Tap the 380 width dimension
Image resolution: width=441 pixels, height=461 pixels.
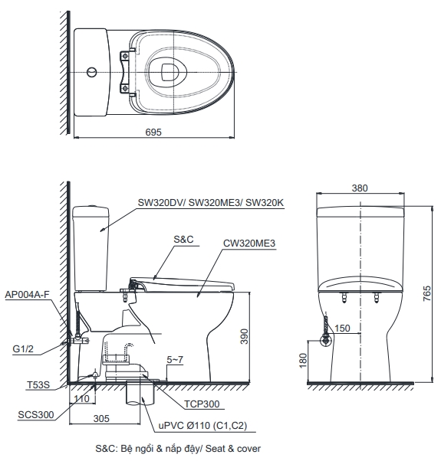[x=360, y=188]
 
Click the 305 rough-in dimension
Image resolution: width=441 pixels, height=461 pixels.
[x=101, y=419]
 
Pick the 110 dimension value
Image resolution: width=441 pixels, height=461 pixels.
[x=81, y=399]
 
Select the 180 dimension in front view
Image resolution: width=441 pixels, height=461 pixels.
[x=303, y=358]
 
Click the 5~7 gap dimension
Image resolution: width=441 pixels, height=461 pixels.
[x=175, y=359]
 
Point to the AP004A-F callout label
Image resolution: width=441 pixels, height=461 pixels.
[x=28, y=294]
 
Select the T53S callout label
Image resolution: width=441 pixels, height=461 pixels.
[x=36, y=384]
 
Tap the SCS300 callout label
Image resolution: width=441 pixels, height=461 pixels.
[x=35, y=414]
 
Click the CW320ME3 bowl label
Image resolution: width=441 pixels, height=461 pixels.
[x=249, y=243]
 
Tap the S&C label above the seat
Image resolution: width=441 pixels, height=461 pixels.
[x=183, y=239]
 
